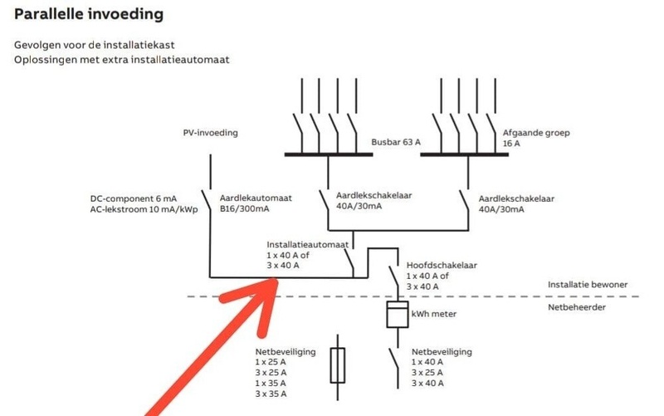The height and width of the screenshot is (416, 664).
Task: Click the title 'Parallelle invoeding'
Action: click(89, 15)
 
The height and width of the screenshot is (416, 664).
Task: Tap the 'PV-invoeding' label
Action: click(211, 133)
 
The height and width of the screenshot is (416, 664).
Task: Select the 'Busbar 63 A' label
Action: click(396, 143)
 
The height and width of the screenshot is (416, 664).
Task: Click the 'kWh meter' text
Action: click(433, 315)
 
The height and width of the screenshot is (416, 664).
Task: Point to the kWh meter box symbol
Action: click(397, 316)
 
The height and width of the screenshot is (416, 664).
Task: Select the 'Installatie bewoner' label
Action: click(587, 285)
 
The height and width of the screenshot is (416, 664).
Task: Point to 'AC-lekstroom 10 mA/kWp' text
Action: click(144, 210)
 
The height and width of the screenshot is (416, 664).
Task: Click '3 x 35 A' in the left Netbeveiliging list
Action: click(271, 394)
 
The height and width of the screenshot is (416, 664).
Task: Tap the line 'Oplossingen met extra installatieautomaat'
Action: click(121, 60)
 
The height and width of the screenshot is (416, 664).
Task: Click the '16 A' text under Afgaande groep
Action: click(511, 144)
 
